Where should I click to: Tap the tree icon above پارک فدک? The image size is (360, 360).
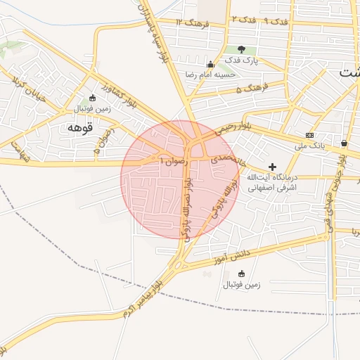coord(242,50)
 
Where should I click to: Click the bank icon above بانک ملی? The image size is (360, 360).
coord(309,135)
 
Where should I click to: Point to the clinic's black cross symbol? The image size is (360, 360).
coord(273,167)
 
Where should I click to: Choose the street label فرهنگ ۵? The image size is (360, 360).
coord(252,90)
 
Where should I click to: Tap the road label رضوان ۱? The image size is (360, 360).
coord(172,160)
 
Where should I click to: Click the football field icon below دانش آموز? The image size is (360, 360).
coord(242,274)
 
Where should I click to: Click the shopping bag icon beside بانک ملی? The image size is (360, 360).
coord(343,143)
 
